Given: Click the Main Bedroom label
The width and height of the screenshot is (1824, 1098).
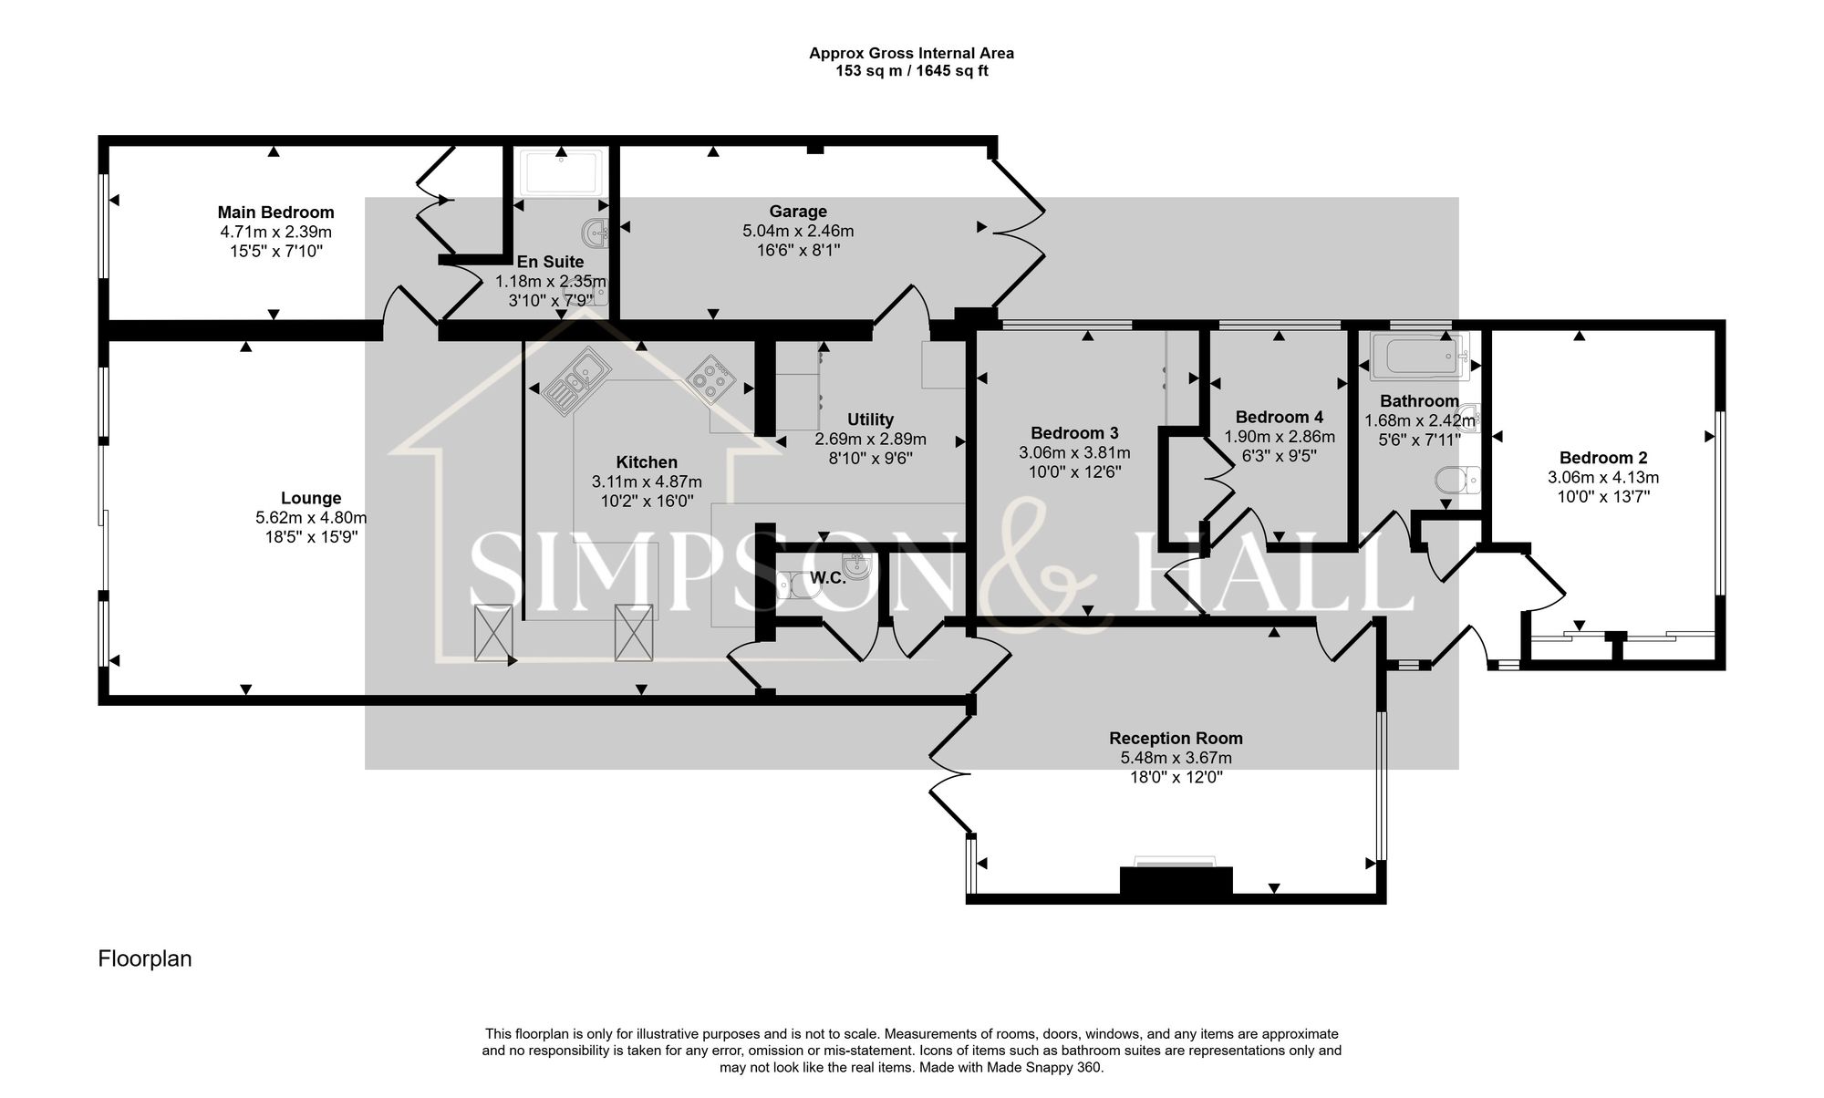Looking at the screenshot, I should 275,212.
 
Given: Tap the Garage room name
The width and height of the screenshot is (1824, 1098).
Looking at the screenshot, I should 798,212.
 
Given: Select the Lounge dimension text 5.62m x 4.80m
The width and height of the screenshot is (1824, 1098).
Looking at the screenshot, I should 311,518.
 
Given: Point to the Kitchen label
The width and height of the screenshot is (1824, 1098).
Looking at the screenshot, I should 647,462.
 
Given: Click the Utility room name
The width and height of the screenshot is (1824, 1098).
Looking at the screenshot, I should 870,420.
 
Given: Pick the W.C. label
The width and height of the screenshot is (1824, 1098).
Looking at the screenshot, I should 828,577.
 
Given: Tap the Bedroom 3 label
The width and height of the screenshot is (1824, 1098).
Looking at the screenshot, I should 1074,433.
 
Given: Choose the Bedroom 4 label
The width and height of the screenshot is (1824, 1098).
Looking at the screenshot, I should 1279,418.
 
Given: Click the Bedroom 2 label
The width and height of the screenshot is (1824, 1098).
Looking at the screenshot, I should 1603,458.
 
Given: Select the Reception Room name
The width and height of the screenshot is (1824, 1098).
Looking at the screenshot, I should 1176,738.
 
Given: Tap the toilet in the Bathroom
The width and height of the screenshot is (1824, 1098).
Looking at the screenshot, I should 1457,479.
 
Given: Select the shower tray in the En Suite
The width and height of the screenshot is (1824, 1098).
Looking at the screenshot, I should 560,172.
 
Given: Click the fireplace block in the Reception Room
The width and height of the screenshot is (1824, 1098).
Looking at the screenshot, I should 1176,881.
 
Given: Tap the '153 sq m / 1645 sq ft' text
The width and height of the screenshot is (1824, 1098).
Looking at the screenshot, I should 911,71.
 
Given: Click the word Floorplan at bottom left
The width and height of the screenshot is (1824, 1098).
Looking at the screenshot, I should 145,959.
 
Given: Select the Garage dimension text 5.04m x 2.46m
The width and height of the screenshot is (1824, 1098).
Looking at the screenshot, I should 798,231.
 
